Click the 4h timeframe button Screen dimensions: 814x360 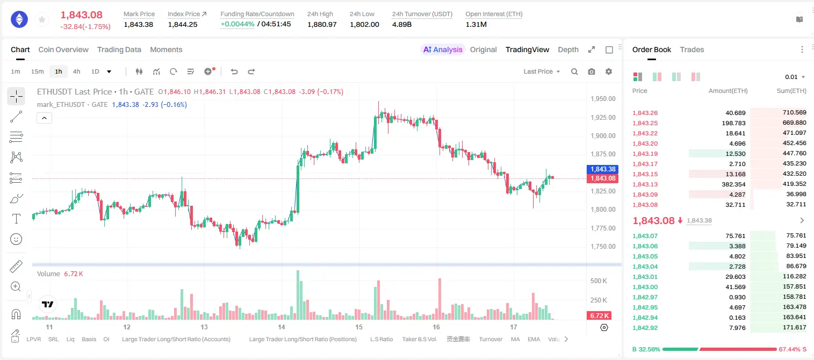pos(76,71)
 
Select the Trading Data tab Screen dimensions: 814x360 pos(119,49)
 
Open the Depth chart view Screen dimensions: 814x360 pos(568,49)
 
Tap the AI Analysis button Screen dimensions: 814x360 pos(443,49)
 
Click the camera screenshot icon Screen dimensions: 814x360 pos(592,71)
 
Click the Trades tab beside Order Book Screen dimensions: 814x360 pos(692,49)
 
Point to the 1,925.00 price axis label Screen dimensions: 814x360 pos(603,117)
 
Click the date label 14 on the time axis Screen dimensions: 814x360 pos(281,327)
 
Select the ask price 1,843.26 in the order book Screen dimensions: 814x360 pos(645,113)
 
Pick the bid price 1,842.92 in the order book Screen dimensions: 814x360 pos(645,328)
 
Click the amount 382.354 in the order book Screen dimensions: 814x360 pos(733,184)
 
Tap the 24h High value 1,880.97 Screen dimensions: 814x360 pos(322,24)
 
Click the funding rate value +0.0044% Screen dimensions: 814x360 pos(237,24)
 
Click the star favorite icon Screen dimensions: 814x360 pos(42,19)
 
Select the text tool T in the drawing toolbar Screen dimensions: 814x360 pos(16,219)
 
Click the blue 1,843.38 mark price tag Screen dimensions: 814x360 pos(603,169)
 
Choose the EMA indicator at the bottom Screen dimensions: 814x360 pos(534,339)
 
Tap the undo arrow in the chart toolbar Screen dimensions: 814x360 pos(234,71)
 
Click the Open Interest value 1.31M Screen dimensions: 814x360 pos(476,24)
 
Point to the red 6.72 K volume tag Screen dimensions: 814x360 pos(599,315)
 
